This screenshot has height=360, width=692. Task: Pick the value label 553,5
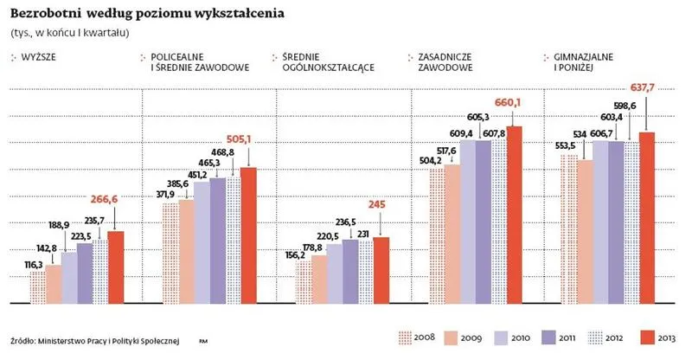point(566,146)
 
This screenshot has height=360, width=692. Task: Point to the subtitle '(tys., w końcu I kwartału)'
point(69,33)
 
